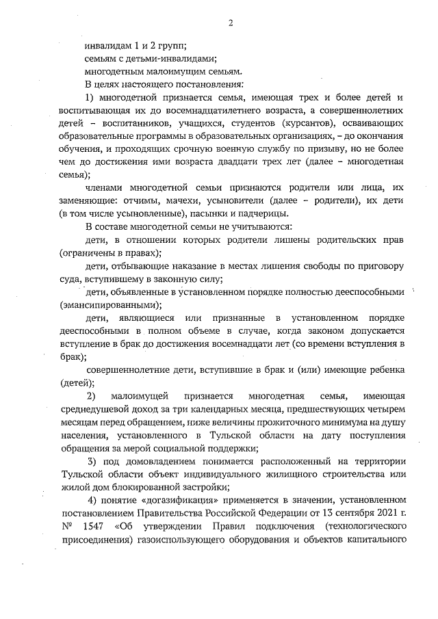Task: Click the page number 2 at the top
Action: tap(231, 23)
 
